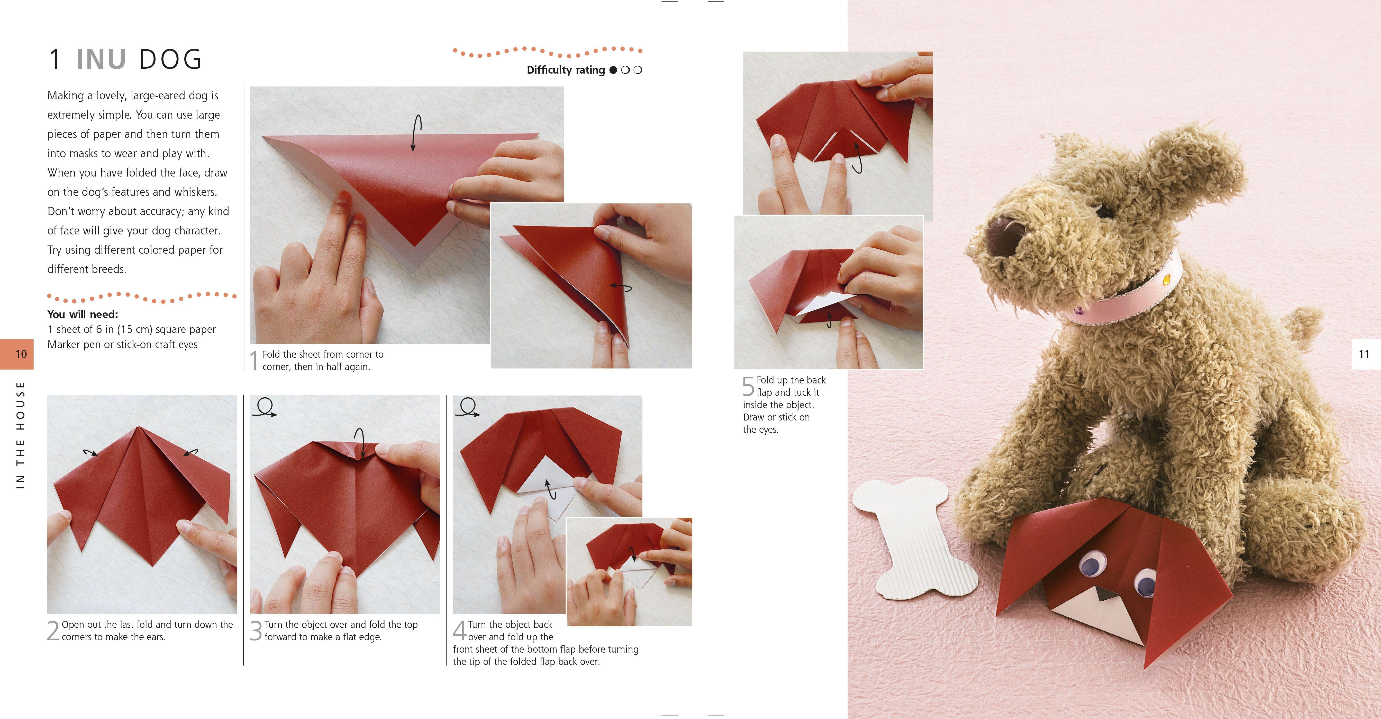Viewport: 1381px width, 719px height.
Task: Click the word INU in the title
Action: pyautogui.click(x=101, y=59)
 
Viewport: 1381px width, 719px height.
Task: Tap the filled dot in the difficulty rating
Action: pyautogui.click(x=613, y=70)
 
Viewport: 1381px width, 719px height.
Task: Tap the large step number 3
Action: pyautogui.click(x=256, y=631)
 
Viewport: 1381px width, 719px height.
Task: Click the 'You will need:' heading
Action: pyautogui.click(x=83, y=314)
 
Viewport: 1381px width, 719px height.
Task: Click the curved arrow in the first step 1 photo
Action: pyautogui.click(x=416, y=133)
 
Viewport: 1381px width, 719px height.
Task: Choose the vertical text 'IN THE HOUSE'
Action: pyautogui.click(x=20, y=435)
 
